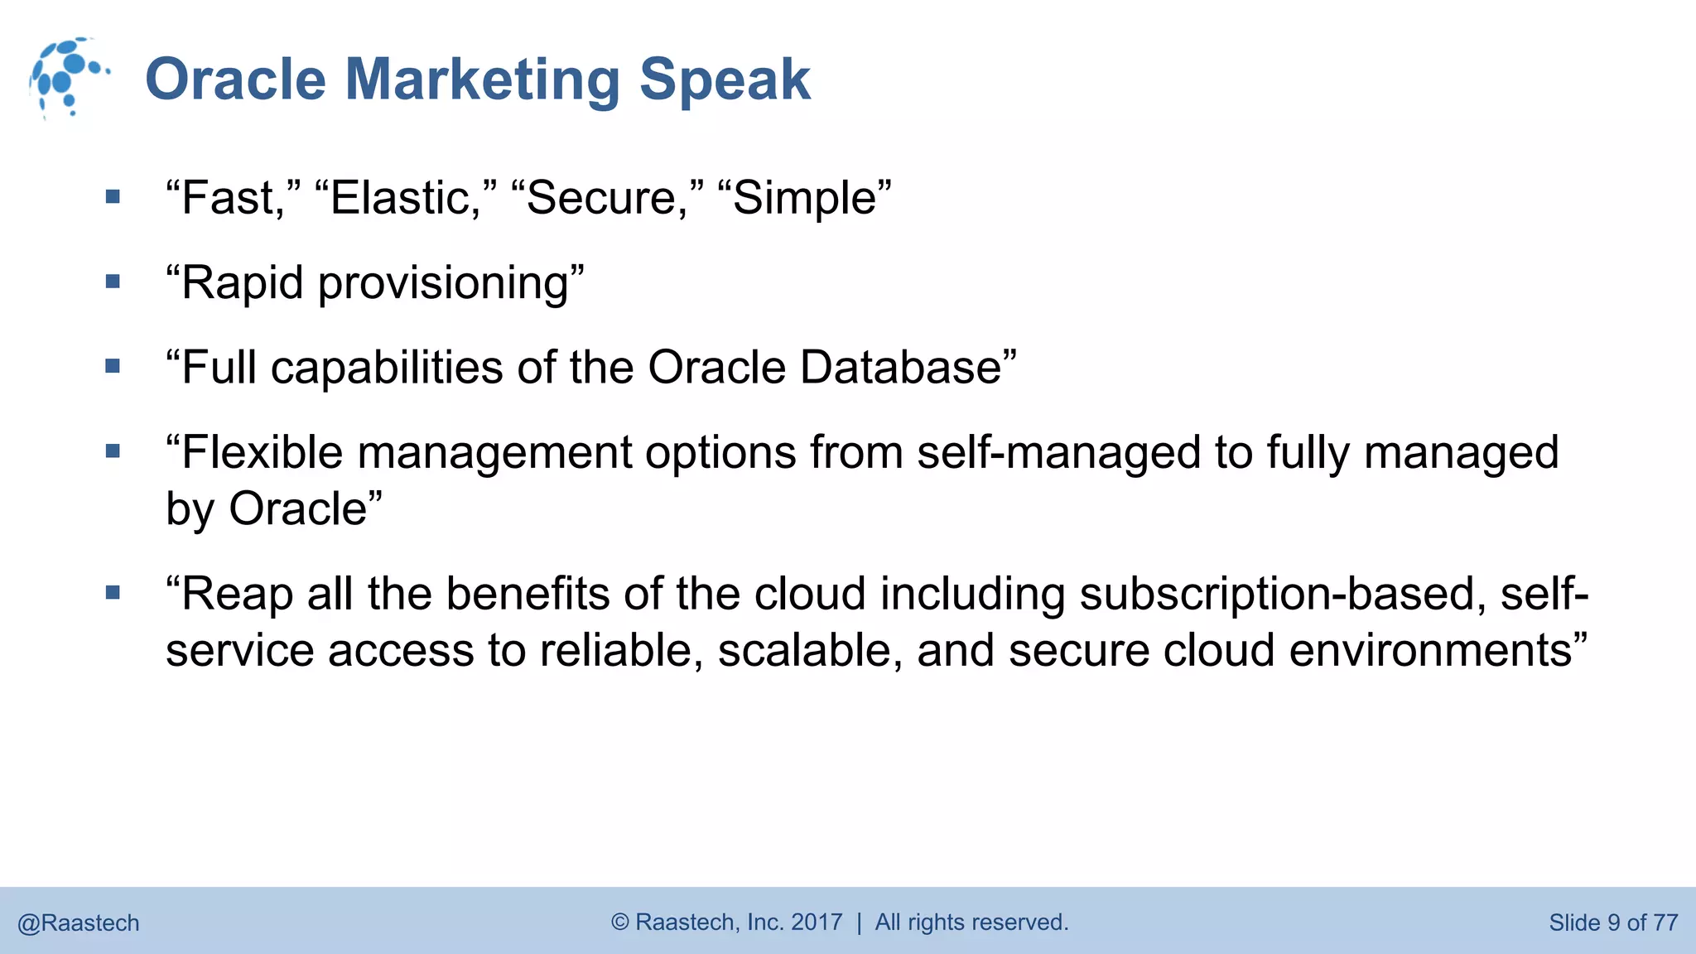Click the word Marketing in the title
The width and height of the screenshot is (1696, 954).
(x=482, y=79)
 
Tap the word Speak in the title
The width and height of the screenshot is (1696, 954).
(x=725, y=79)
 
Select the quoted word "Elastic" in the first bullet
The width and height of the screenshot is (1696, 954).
(x=406, y=198)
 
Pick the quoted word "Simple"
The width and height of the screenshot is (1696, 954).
(x=804, y=198)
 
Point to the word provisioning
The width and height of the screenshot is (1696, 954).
(x=444, y=283)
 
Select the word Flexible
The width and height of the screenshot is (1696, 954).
(x=262, y=453)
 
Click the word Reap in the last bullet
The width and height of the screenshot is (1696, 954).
(x=237, y=594)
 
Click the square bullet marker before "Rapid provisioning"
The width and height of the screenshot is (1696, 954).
(x=113, y=282)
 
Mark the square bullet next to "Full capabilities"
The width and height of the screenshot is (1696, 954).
(x=113, y=366)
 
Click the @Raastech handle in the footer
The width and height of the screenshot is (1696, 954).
(x=79, y=923)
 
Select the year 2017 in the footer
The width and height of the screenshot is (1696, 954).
(x=817, y=922)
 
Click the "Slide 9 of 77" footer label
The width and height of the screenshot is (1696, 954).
(x=1612, y=923)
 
